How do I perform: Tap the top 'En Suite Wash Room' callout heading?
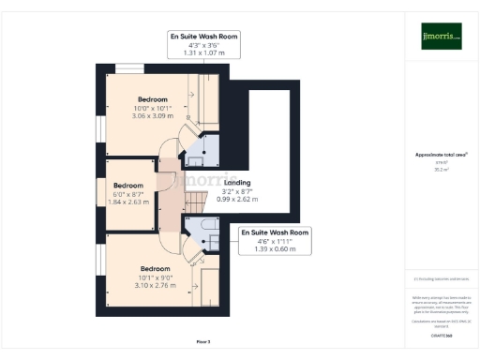203,37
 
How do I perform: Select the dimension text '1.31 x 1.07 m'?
203,53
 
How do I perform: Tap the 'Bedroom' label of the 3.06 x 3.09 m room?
152,99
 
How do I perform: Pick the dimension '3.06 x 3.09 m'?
152,116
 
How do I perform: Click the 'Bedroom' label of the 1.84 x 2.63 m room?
128,185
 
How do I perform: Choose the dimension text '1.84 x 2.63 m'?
128,201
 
